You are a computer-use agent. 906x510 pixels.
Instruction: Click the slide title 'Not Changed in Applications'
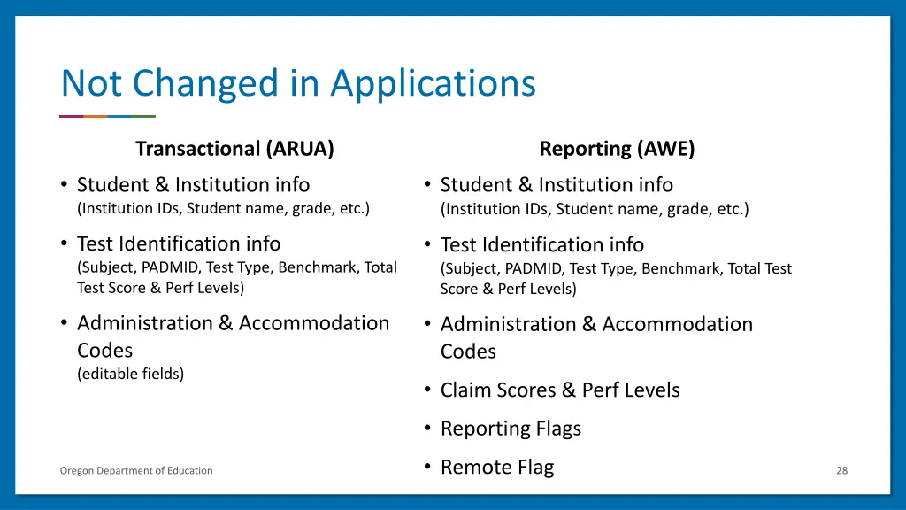click(298, 83)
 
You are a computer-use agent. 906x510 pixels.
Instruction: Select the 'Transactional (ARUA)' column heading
click(234, 149)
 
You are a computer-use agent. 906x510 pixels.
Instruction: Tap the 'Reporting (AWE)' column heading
click(617, 149)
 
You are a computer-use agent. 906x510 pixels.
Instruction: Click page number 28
click(841, 471)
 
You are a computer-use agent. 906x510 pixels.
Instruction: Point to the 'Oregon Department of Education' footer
click(136, 471)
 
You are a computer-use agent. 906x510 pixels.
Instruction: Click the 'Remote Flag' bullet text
click(496, 467)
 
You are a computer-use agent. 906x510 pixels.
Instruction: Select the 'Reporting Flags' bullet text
click(511, 429)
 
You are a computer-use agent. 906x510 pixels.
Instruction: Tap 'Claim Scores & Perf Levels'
click(560, 390)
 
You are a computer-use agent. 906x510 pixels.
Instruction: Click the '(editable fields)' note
click(131, 374)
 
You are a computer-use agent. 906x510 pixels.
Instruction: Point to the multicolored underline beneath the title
click(107, 116)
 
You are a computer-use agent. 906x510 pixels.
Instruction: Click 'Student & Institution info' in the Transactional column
click(193, 185)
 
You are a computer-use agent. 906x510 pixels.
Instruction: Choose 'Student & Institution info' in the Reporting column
click(557, 185)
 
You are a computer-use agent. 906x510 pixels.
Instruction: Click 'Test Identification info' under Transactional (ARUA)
click(179, 243)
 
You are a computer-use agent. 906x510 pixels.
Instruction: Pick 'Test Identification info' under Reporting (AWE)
click(542, 244)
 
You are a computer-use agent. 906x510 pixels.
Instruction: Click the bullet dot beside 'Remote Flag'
click(426, 466)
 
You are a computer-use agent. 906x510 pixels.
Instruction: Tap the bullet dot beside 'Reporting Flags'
click(426, 428)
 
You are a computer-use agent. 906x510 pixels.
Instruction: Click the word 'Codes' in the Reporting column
click(468, 352)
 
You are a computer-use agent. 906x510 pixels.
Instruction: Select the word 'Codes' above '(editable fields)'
click(104, 350)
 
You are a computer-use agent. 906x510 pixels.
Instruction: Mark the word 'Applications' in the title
click(434, 83)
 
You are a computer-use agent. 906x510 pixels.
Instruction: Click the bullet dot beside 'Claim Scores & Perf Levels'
click(426, 389)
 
